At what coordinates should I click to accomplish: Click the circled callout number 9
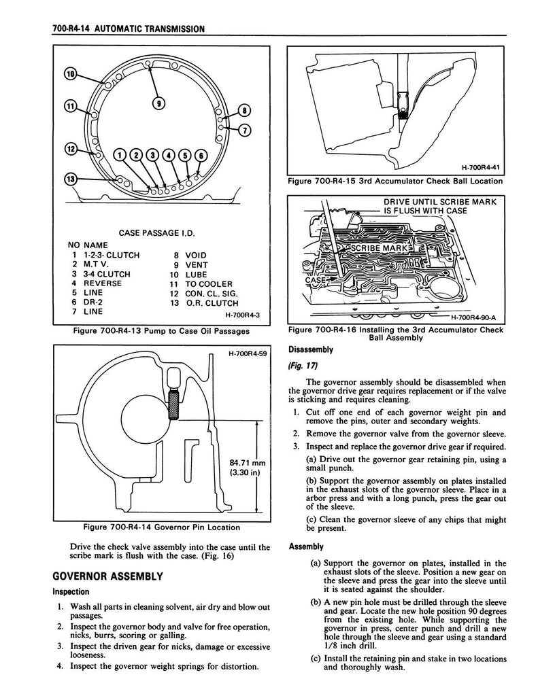(159, 103)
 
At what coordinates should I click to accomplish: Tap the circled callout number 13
(69, 179)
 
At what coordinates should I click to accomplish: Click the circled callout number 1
(121, 155)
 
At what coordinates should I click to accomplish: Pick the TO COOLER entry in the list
(209, 283)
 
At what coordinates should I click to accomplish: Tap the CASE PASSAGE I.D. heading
(156, 233)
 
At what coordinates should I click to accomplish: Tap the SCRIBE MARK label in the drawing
(379, 249)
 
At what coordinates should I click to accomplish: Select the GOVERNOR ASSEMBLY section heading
(107, 576)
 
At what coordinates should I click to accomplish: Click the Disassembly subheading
(310, 349)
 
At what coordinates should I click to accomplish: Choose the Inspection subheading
(71, 591)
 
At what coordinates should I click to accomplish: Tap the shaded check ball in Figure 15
(403, 114)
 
